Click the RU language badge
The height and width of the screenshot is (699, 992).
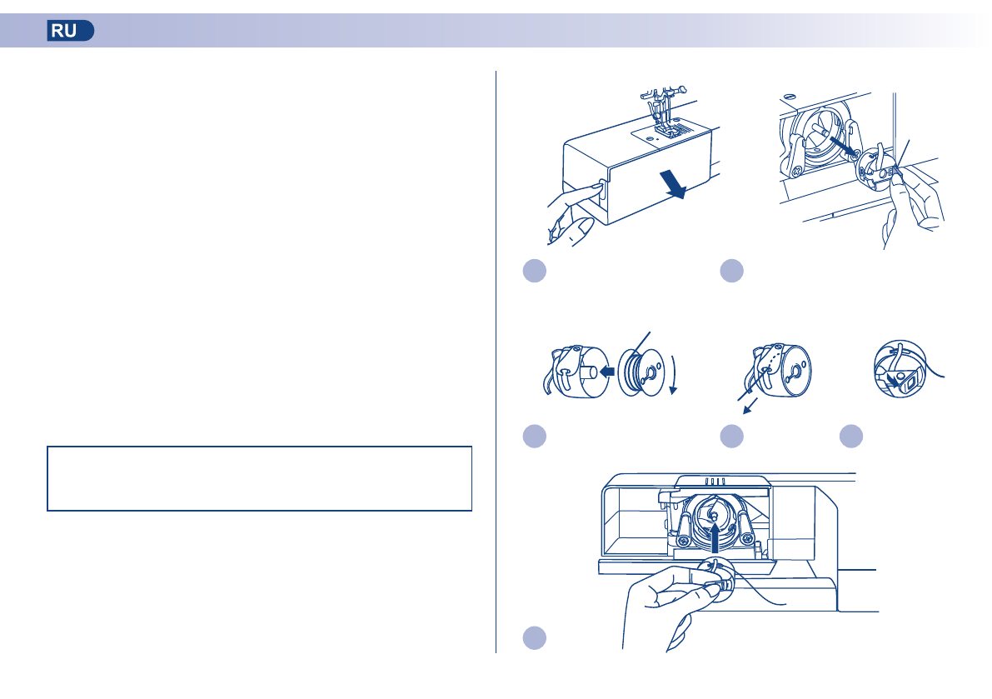pos(70,30)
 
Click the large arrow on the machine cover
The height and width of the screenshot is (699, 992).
pos(672,183)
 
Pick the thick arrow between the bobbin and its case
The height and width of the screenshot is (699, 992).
pos(606,372)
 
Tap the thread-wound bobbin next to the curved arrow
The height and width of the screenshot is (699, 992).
pos(641,372)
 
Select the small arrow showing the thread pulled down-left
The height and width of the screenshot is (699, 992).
pos(750,406)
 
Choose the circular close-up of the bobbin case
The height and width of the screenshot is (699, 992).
pos(900,369)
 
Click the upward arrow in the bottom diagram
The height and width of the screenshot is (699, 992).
pos(715,540)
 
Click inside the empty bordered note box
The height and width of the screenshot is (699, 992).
pos(259,478)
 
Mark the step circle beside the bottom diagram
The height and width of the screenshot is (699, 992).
pos(535,637)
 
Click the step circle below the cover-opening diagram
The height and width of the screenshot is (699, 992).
pos(535,271)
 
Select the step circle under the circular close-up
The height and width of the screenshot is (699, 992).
pos(851,436)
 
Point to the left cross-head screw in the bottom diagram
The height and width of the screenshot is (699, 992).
pos(683,541)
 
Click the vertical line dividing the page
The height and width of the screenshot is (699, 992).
pos(496,362)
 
